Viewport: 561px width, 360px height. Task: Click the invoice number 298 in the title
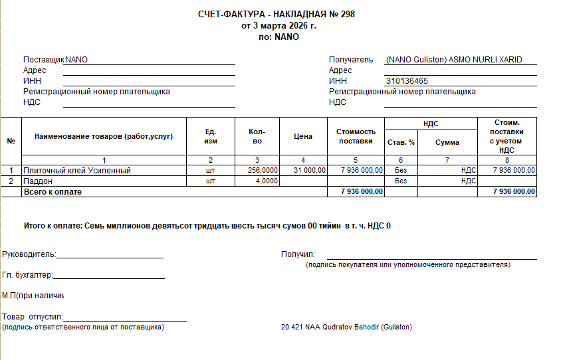coord(348,15)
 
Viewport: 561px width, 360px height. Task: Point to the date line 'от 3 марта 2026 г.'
coord(279,26)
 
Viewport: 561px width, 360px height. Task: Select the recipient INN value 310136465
coord(407,81)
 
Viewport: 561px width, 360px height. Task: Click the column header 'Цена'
coord(302,137)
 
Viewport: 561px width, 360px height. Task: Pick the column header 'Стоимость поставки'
coord(356,136)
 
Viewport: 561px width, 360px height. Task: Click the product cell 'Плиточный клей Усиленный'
coord(77,171)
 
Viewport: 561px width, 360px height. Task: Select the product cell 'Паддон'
coord(38,181)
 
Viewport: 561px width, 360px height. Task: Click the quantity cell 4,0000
coord(267,181)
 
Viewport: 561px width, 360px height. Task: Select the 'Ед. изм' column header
coord(211,136)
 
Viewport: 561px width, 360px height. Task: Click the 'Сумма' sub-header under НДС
coord(447,143)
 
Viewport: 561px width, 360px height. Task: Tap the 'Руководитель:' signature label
coord(29,254)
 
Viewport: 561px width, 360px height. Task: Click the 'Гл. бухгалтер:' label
coord(28,275)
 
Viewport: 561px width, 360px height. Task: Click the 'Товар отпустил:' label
coord(32,317)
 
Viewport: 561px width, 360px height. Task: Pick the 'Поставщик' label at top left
coord(44,60)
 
